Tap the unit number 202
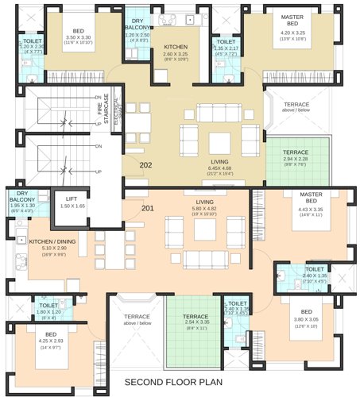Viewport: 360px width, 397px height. (146, 165)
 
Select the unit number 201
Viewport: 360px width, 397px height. (146, 208)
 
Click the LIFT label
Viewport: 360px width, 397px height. (72, 198)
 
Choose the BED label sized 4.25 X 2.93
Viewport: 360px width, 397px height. (50, 334)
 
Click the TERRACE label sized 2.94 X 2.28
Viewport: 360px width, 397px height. (296, 152)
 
